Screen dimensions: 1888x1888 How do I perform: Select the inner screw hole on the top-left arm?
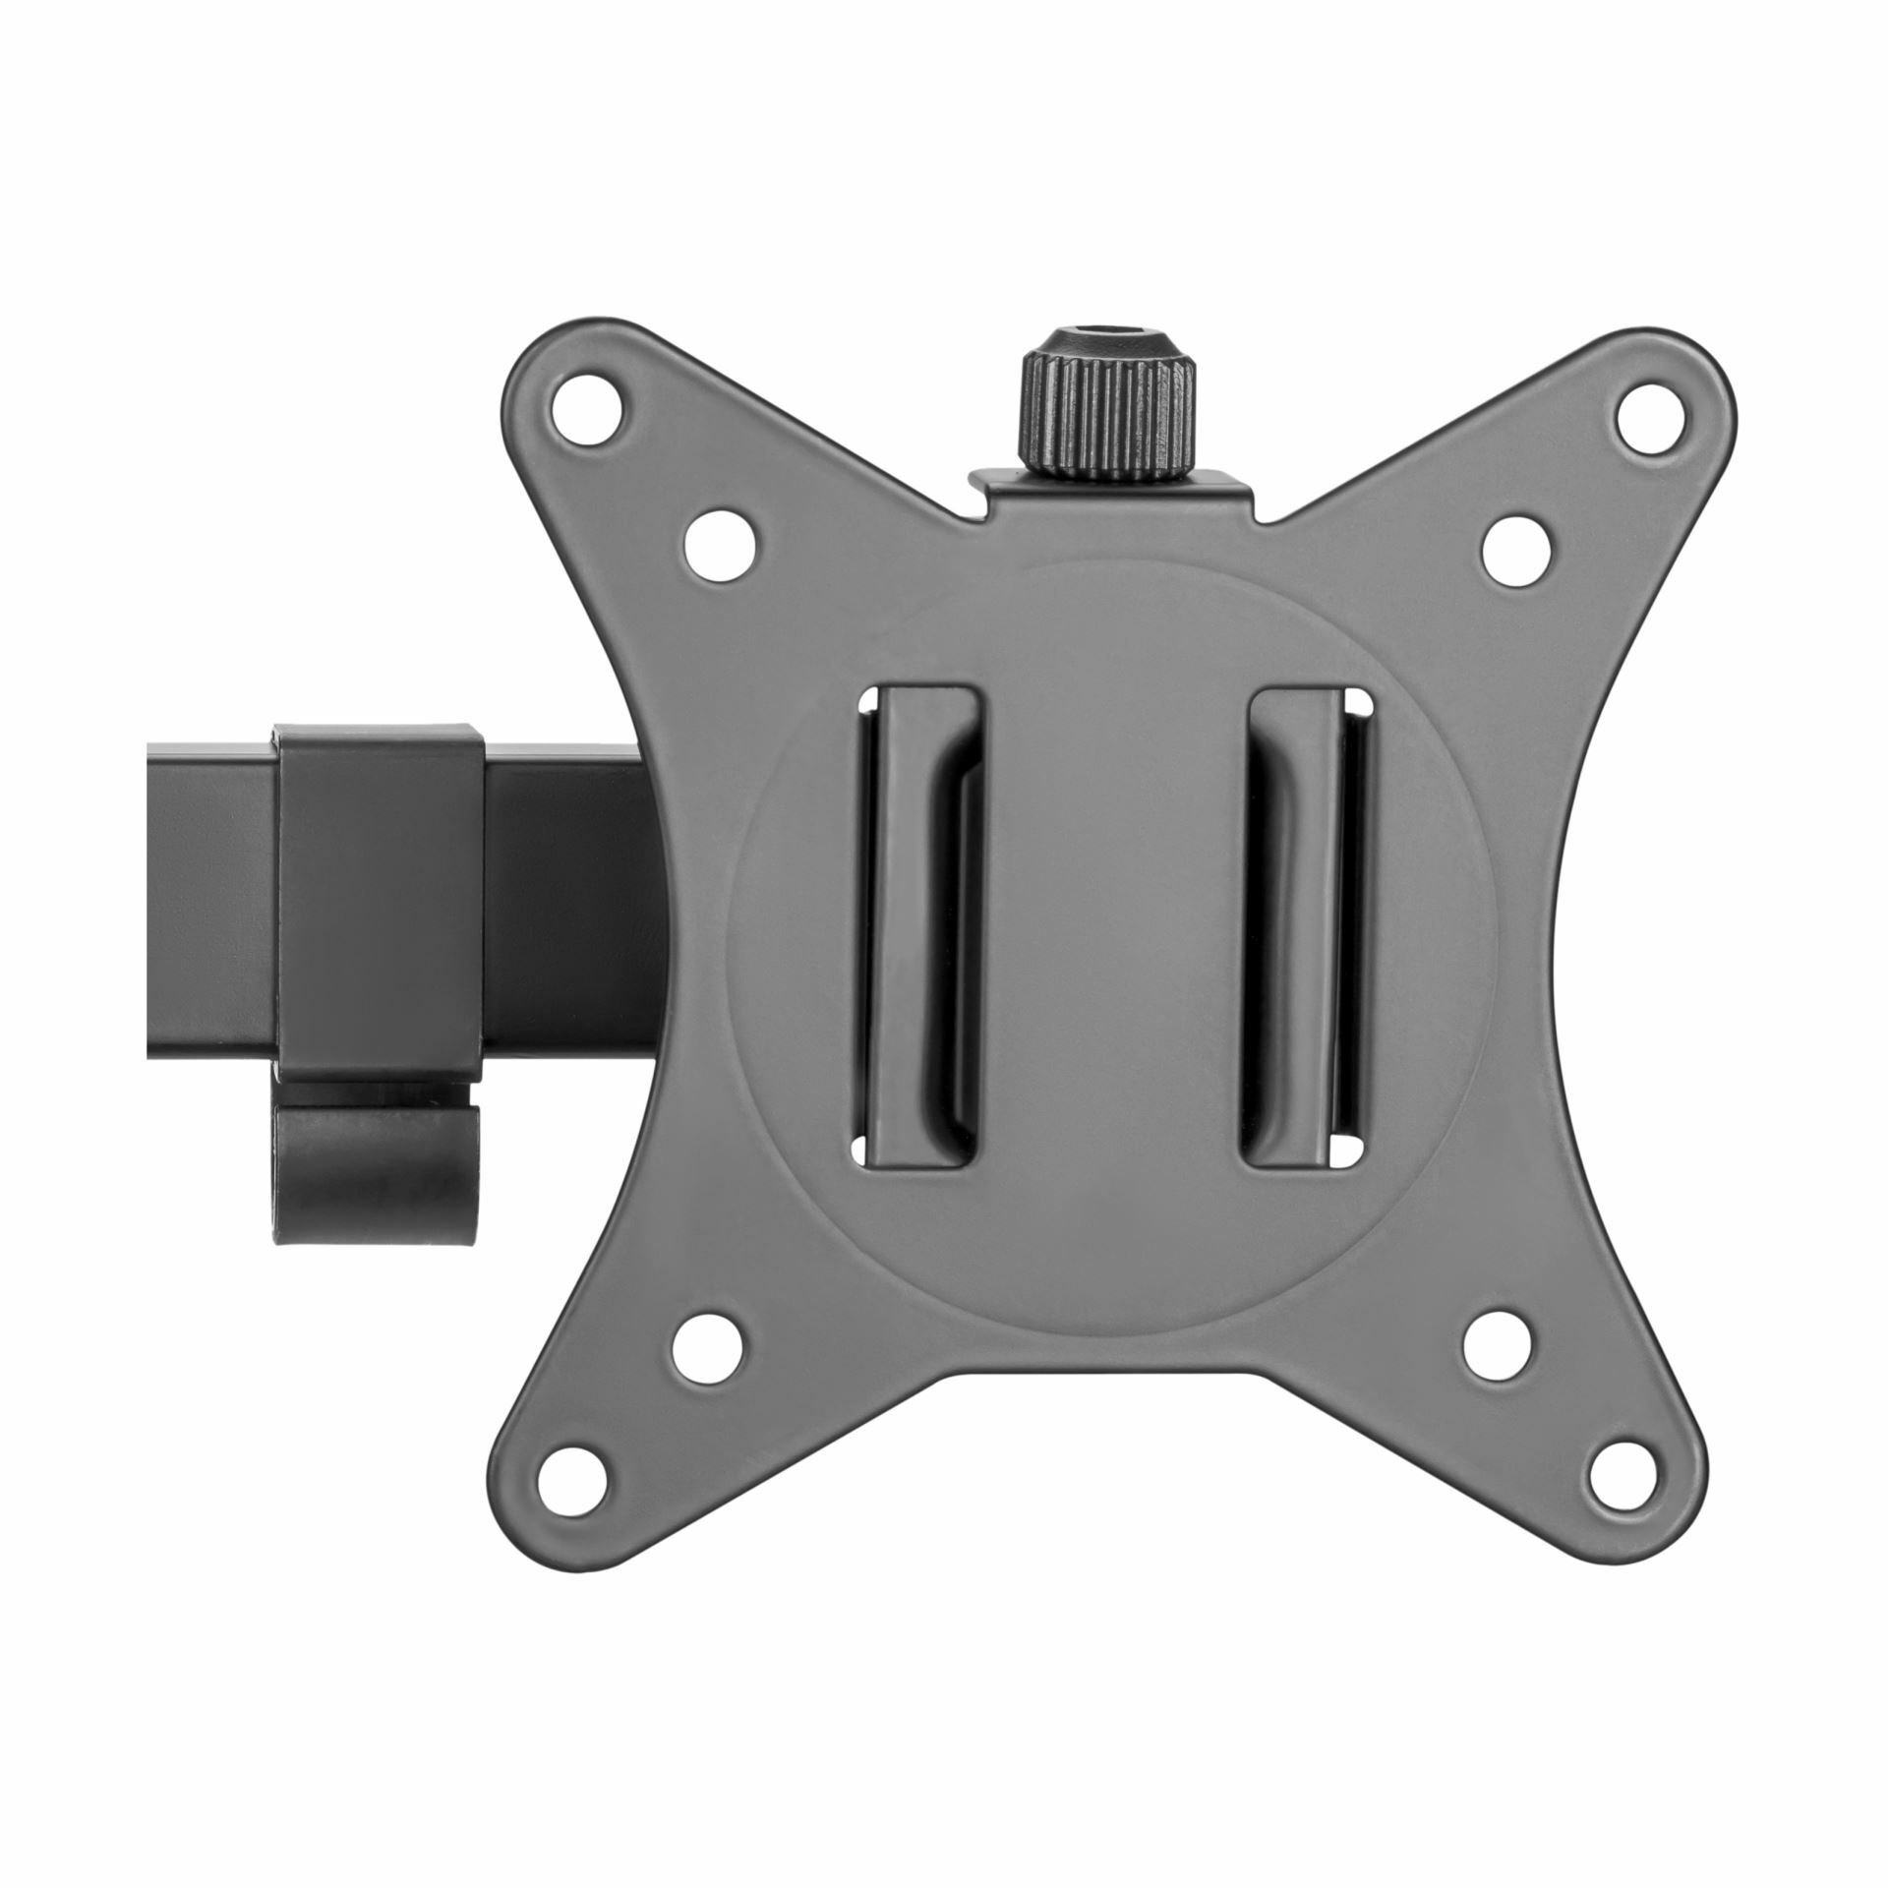721,543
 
